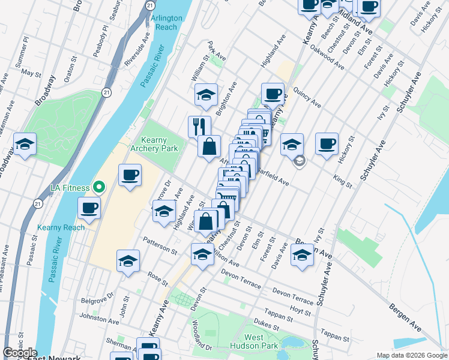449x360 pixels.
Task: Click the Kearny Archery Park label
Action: click(x=159, y=143)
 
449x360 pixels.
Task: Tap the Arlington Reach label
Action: click(x=166, y=22)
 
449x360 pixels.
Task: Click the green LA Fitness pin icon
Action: click(x=100, y=188)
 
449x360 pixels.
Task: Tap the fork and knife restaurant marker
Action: click(x=199, y=126)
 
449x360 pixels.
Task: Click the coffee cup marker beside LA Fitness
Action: click(x=130, y=175)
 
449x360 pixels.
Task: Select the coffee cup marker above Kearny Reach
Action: click(x=89, y=208)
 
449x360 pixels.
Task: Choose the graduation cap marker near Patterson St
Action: click(x=128, y=261)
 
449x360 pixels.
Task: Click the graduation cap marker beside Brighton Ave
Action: click(x=206, y=94)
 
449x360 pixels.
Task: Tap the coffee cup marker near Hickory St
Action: click(x=327, y=144)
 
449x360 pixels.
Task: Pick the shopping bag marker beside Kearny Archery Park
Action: click(x=209, y=146)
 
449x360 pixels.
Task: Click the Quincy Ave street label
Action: click(x=307, y=100)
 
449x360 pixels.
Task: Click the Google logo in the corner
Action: click(x=19, y=353)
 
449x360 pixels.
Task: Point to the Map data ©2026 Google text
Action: click(x=412, y=355)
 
